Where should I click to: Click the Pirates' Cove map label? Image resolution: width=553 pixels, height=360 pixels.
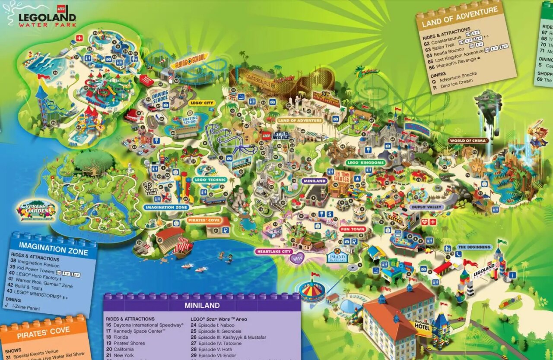(204, 220)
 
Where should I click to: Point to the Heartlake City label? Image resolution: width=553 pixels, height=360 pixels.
(274, 251)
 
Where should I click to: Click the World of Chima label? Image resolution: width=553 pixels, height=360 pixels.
(468, 141)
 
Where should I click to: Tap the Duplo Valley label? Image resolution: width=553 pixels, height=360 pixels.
(426, 207)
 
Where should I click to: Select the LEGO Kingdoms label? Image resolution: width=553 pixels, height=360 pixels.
(365, 163)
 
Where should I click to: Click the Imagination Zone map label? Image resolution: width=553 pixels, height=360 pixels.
(166, 207)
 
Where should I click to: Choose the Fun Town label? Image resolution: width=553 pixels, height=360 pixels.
(352, 229)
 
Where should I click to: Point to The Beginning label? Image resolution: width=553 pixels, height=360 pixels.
(474, 247)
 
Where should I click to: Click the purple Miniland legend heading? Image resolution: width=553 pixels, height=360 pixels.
(202, 305)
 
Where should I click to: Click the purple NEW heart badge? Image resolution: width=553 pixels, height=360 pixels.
(297, 258)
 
